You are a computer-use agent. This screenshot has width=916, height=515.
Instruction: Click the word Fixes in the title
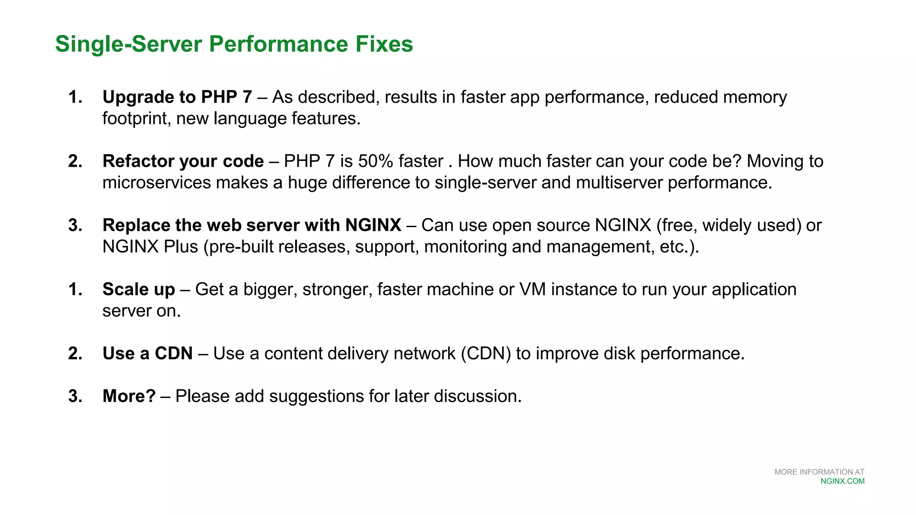pos(384,44)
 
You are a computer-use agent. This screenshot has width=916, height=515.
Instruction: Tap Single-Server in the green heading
pos(129,44)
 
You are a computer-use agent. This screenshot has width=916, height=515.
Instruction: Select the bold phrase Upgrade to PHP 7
pos(177,97)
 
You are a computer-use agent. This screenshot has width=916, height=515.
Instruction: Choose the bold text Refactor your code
pos(183,161)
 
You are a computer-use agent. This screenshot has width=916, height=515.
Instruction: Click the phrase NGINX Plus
pos(150,247)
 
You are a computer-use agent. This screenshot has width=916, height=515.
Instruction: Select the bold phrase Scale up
pos(139,289)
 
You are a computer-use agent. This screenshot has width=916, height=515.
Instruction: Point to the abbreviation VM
pos(532,289)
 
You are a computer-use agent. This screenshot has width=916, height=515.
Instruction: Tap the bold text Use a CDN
pos(148,354)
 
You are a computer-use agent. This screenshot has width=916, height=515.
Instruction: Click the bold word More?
pos(129,396)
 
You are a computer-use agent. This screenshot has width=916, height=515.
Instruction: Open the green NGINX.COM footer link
pos(842,481)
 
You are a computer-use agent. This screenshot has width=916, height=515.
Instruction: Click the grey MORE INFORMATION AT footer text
pos(819,472)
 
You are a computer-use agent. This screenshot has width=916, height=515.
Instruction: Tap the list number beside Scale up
pos(75,289)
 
